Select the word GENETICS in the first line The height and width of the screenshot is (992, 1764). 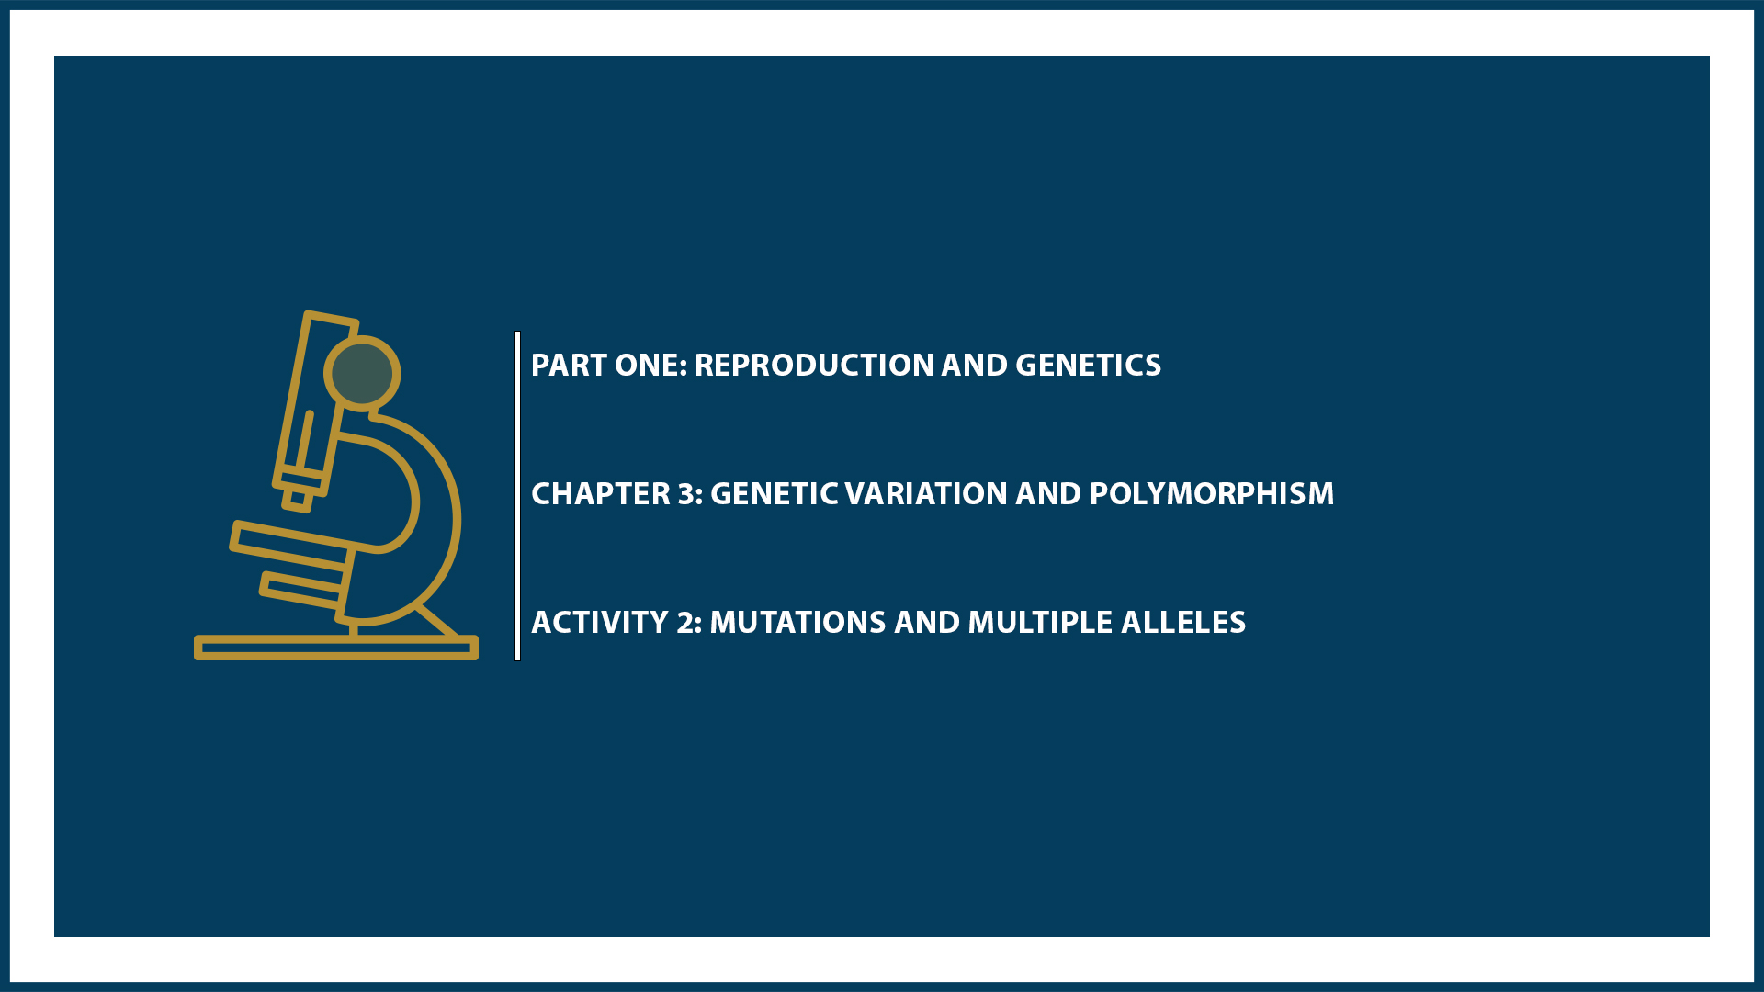pos(1088,366)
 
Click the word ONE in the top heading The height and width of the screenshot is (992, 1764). pos(649,366)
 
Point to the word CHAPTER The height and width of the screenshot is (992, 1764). pos(601,494)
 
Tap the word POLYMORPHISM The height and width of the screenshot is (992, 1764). pos(1211,494)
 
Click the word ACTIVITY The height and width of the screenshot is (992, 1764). pos(600,623)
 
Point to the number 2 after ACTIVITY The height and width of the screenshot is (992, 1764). pos(685,623)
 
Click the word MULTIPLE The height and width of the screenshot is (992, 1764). pos(1039,623)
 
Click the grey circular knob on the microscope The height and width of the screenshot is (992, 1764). pos(362,373)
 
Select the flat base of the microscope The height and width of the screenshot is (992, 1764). pos(335,648)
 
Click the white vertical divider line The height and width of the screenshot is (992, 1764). pos(518,496)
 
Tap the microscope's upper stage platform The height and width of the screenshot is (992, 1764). pos(290,542)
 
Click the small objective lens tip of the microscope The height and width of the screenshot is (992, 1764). pos(297,499)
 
